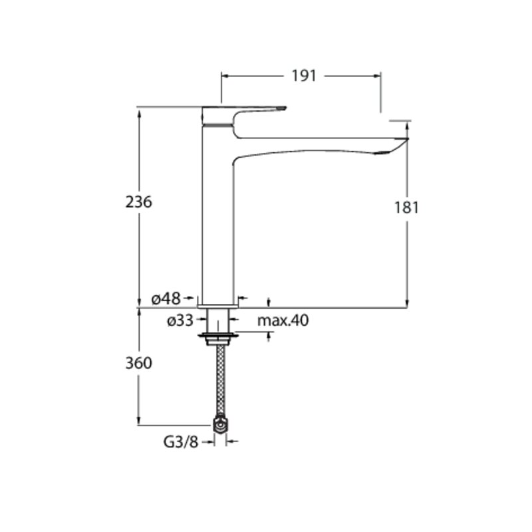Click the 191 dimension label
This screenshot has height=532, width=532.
[304, 76]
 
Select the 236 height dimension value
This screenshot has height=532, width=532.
[139, 202]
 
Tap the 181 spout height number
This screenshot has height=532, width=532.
[406, 207]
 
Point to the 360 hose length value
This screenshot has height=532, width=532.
[139, 363]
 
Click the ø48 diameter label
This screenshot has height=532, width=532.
[166, 299]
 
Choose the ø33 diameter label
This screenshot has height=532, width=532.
[180, 320]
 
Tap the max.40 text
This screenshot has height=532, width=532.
[283, 321]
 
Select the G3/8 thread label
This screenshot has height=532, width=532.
[181, 442]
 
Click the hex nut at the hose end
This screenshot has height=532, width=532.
[221, 424]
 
